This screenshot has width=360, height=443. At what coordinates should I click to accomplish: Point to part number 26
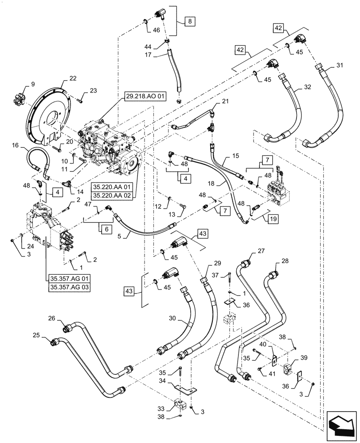coord(51,318)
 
